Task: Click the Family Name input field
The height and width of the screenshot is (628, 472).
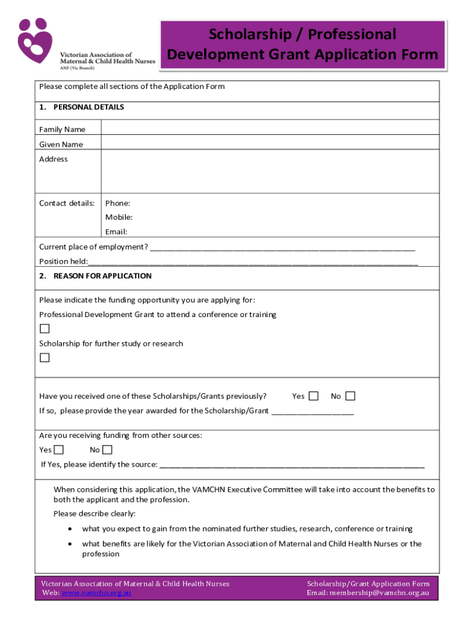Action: (x=270, y=128)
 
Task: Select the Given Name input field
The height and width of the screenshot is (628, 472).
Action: (x=270, y=142)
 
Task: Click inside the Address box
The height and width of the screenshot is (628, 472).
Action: (x=270, y=172)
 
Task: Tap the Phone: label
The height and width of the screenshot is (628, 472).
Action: (x=118, y=203)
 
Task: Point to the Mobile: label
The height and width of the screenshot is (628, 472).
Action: (x=119, y=217)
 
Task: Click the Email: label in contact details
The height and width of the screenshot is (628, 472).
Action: (x=116, y=232)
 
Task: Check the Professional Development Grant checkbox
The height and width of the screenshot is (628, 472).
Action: (x=45, y=329)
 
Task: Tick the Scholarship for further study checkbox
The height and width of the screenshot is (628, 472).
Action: (x=45, y=358)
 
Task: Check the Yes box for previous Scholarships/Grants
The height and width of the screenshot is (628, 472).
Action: (x=313, y=396)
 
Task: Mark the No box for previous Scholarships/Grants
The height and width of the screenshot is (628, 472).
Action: (x=350, y=396)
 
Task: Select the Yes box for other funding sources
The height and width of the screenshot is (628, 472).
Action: (x=61, y=450)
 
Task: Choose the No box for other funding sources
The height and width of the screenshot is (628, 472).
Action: (x=107, y=450)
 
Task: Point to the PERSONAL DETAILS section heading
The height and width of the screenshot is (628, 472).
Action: (x=88, y=107)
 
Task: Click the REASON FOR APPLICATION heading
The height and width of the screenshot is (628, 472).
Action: (x=102, y=276)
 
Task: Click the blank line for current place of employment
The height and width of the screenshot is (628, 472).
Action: (x=282, y=248)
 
